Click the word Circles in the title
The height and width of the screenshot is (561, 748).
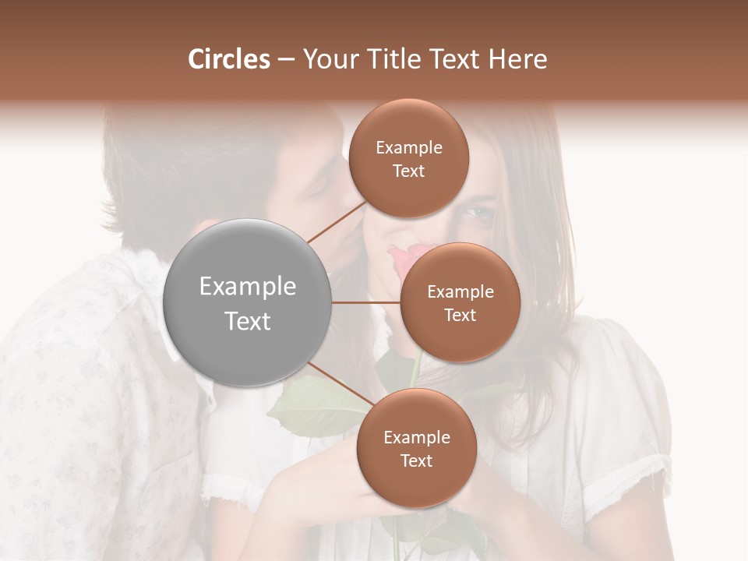pyautogui.click(x=228, y=59)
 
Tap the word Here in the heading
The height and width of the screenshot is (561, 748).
pyautogui.click(x=517, y=59)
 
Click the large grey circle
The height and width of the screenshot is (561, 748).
pyautogui.click(x=248, y=302)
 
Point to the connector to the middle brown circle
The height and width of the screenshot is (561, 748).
pyautogui.click(x=366, y=302)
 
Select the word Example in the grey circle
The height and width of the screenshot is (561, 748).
pyautogui.click(x=248, y=287)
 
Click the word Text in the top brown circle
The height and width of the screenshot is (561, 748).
pyautogui.click(x=409, y=171)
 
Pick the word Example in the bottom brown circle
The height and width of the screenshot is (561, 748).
pyautogui.click(x=416, y=438)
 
